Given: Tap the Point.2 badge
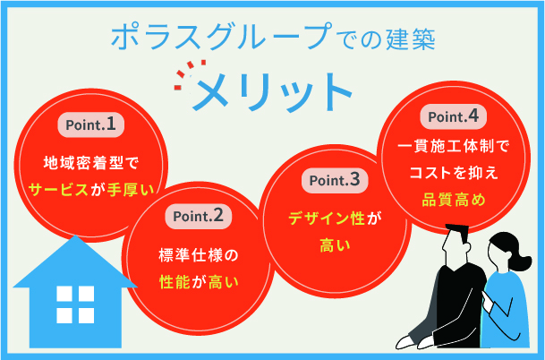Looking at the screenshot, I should tap(199, 216).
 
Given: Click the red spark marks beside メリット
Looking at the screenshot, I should tap(189, 73).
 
